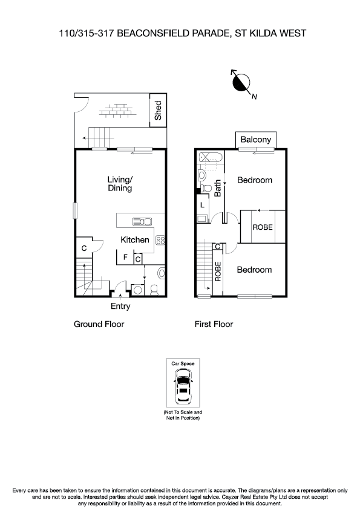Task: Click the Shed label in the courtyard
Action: coord(159,111)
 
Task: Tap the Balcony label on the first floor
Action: coord(256,140)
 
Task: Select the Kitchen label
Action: coord(135,240)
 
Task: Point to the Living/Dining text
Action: coord(120,184)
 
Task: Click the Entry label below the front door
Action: coord(120,306)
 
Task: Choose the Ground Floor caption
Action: coord(99,324)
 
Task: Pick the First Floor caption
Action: coord(214,324)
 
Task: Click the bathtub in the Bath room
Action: coord(211,159)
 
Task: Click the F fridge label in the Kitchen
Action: coord(125,258)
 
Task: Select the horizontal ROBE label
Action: coord(263,227)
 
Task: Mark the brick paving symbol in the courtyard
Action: coord(117,111)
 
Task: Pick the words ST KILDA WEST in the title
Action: coord(270,34)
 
